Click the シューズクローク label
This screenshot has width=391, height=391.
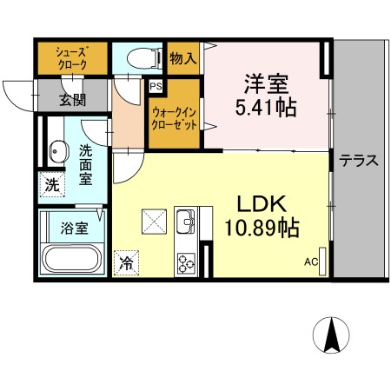[x=71, y=56]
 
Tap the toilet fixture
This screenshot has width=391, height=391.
[x=142, y=58]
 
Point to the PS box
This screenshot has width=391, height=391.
[x=156, y=87]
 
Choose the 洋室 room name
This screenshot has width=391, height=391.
[x=267, y=85]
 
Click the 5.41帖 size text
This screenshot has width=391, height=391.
[x=267, y=109]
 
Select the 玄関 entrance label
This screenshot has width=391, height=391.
[x=72, y=99]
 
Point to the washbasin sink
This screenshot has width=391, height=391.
[x=56, y=152]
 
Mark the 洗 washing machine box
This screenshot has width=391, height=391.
[x=52, y=184]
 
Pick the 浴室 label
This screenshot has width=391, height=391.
[x=73, y=229]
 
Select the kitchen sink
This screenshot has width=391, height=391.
[x=187, y=222]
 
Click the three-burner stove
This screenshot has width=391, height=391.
[x=187, y=261]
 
